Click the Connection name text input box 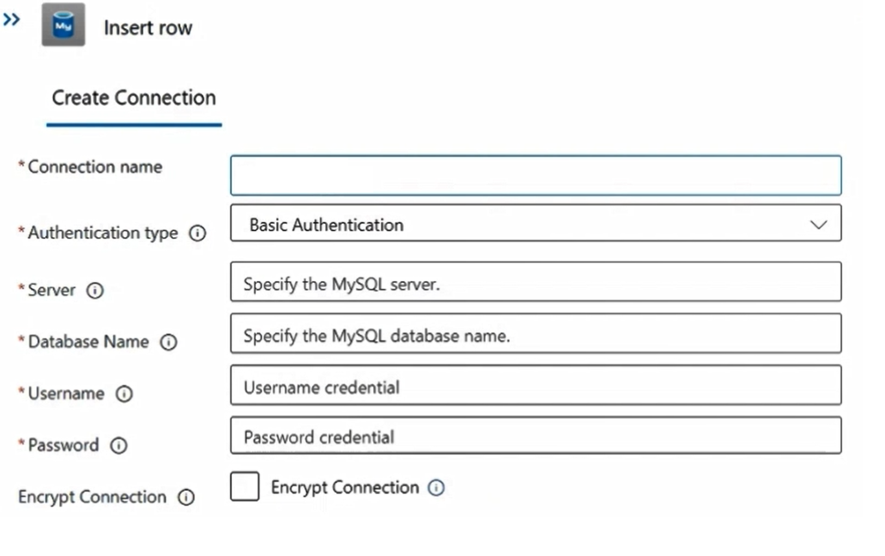[535, 176]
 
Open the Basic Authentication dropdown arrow [818, 225]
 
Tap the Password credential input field [535, 436]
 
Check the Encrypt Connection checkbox [245, 486]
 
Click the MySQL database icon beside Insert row [63, 25]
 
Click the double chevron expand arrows [11, 20]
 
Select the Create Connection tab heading [134, 98]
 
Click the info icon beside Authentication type [197, 233]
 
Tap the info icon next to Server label [95, 291]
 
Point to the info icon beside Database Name [168, 342]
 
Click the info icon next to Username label [124, 394]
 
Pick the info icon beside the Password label [119, 446]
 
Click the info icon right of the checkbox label [436, 487]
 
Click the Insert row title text [148, 28]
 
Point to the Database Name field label [88, 342]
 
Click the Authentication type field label [102, 233]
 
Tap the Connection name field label [95, 167]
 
